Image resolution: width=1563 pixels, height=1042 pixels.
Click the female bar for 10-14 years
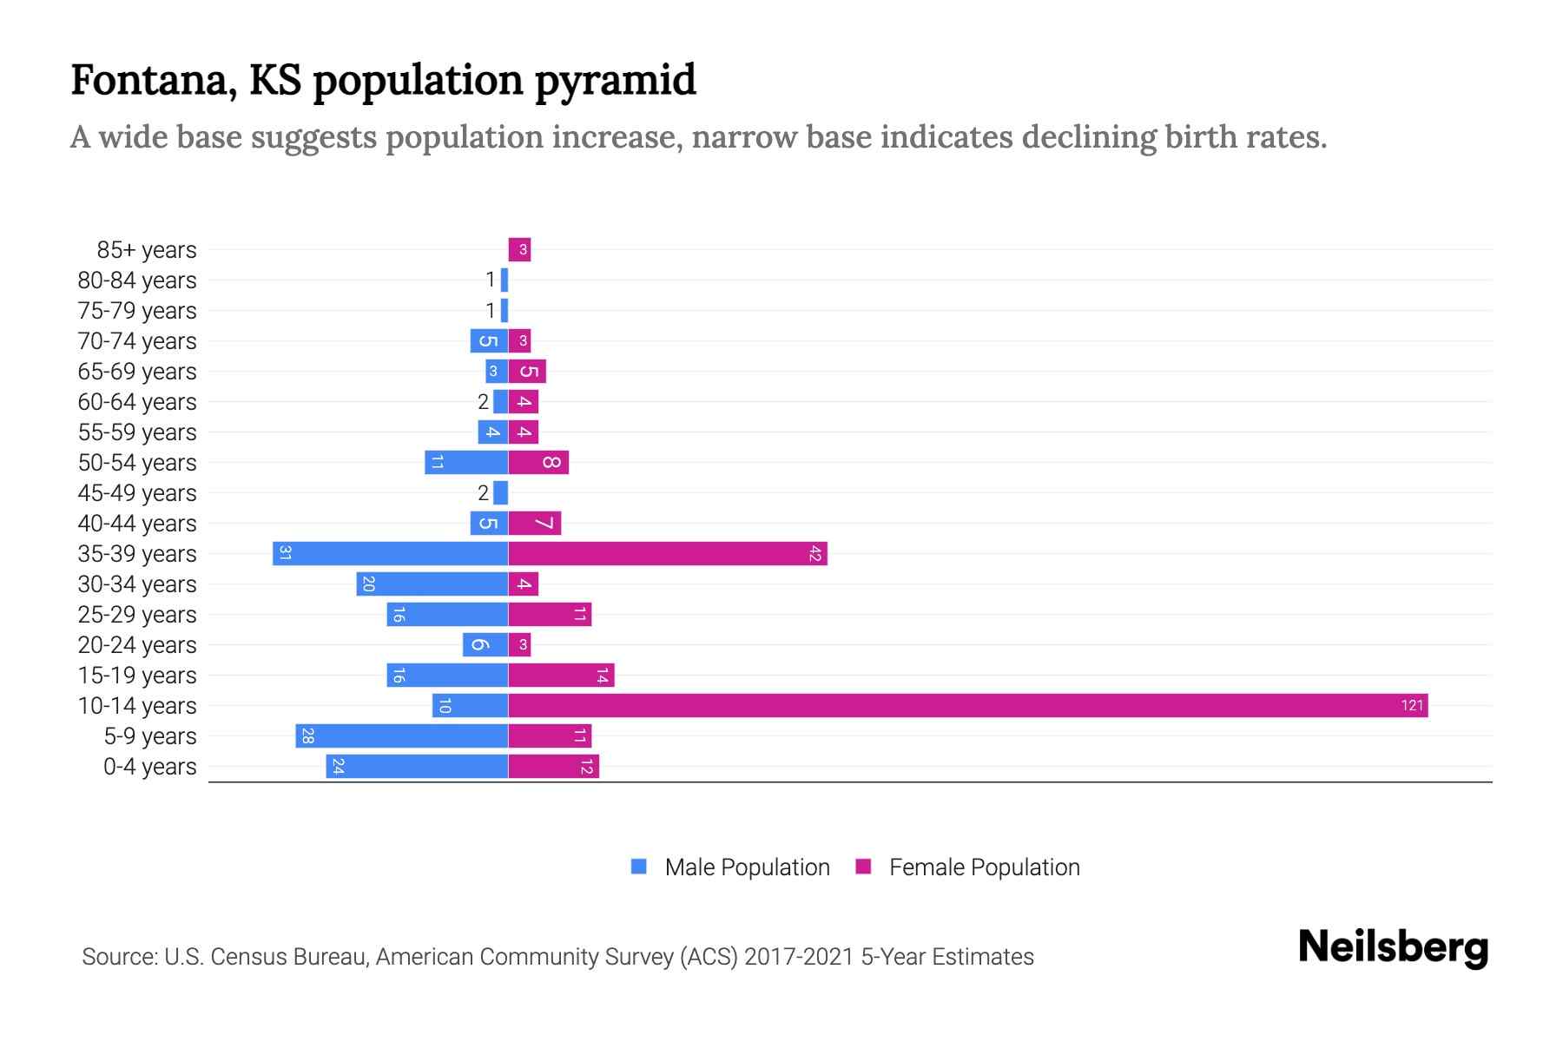pyautogui.click(x=967, y=705)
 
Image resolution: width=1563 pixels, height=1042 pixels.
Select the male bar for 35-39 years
pyautogui.click(x=390, y=553)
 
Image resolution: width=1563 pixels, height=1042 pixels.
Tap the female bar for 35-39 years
pyautogui.click(x=667, y=553)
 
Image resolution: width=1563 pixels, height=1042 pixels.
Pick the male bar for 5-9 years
pyautogui.click(x=401, y=735)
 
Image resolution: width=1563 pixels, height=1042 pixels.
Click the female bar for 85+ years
pyautogui.click(x=519, y=250)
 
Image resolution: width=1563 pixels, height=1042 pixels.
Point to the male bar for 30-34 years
pyautogui.click(x=432, y=584)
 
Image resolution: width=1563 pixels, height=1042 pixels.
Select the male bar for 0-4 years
pyautogui.click(x=417, y=766)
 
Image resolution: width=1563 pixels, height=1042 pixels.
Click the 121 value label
pyautogui.click(x=1412, y=705)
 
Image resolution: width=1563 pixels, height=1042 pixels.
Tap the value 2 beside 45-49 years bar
pyautogui.click(x=483, y=493)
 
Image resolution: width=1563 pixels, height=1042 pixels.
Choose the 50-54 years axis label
pyautogui.click(x=137, y=463)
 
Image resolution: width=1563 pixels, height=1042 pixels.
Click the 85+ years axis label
pyautogui.click(x=147, y=250)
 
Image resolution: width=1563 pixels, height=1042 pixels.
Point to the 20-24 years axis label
pyautogui.click(x=137, y=645)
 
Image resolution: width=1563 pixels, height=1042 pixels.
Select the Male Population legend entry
pyautogui.click(x=747, y=867)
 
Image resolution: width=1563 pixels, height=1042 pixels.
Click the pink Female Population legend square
pyautogui.click(x=863, y=867)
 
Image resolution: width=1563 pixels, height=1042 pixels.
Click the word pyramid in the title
pyautogui.click(x=615, y=80)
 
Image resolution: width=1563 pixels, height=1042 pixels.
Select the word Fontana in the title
pyautogui.click(x=153, y=80)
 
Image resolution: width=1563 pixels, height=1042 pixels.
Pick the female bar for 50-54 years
pyautogui.click(x=538, y=462)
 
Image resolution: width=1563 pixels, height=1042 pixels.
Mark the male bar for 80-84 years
pyautogui.click(x=505, y=280)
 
